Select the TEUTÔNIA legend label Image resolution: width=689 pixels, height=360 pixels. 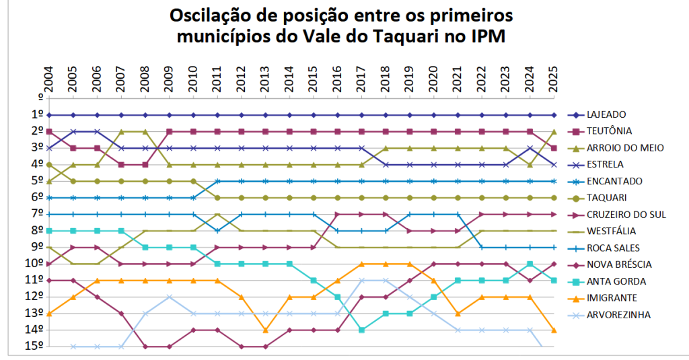[609, 131]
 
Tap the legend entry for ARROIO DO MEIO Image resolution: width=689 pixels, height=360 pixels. [624, 147]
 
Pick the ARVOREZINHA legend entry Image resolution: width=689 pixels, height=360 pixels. [618, 314]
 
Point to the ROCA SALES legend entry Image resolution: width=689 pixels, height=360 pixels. [613, 248]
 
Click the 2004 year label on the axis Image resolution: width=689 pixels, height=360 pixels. [49, 80]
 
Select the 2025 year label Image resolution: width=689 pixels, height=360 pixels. [554, 80]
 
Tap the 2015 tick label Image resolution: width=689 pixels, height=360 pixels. [314, 80]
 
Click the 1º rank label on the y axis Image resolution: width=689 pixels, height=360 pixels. [38, 115]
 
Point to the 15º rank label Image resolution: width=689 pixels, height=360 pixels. [35, 347]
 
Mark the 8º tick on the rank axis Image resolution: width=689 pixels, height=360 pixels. [38, 231]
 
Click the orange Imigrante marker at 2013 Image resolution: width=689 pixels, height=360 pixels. [265, 330]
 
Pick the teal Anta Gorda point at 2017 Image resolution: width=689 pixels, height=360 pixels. [361, 330]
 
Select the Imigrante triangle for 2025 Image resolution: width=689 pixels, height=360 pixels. [554, 330]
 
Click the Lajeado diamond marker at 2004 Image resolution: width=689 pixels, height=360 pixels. [49, 115]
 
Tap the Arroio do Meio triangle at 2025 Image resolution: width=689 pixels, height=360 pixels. [554, 132]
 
